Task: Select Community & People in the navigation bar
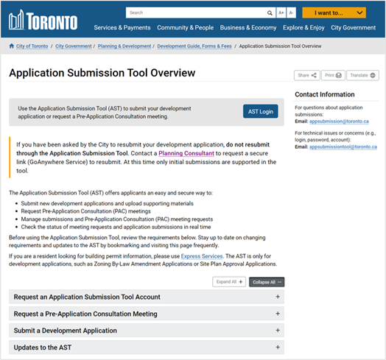click(x=185, y=27)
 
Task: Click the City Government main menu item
click(x=354, y=27)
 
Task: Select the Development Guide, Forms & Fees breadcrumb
click(x=195, y=46)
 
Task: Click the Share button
click(x=306, y=75)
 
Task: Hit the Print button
click(x=334, y=75)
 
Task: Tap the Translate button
click(x=363, y=75)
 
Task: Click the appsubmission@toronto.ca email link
click(x=340, y=120)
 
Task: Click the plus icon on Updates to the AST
click(x=278, y=347)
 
